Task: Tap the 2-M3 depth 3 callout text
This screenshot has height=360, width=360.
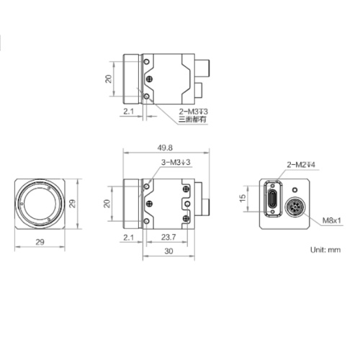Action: [x=193, y=112]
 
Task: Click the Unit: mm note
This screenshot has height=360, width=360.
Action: [x=324, y=250]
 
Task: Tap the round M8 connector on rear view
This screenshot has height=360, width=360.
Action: [x=295, y=210]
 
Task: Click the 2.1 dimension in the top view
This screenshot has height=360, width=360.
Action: [x=129, y=112]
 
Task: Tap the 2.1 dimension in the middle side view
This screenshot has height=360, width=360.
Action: [x=129, y=237]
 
